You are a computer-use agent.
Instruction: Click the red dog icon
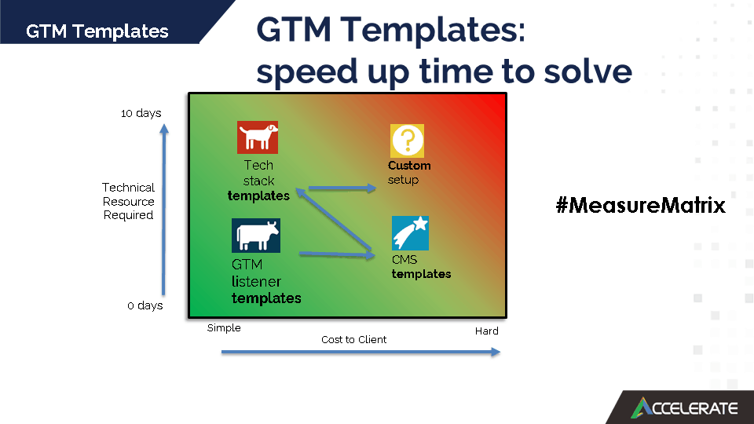(x=258, y=137)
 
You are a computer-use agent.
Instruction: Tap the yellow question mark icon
(x=407, y=141)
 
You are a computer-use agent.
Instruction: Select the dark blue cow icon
(x=256, y=236)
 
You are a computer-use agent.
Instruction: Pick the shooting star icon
(x=410, y=233)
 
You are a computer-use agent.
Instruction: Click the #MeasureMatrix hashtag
(x=641, y=205)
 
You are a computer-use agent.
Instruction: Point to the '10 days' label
(x=141, y=113)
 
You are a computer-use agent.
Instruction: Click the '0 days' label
(x=145, y=305)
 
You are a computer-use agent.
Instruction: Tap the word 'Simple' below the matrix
(x=224, y=328)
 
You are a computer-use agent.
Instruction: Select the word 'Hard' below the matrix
(x=487, y=331)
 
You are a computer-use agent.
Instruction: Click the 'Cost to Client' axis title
(x=354, y=339)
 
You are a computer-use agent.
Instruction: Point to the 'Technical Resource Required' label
(x=128, y=201)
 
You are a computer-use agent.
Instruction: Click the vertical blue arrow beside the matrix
(x=164, y=210)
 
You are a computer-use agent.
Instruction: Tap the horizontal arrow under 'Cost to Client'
(x=361, y=352)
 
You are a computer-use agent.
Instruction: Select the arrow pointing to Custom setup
(x=342, y=188)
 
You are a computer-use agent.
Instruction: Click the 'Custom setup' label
(x=409, y=173)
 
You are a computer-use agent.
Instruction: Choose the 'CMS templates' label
(x=421, y=267)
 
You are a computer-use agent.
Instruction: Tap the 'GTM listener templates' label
(x=266, y=281)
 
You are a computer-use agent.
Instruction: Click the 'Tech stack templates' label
(x=258, y=181)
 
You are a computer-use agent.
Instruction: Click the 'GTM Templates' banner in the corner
(x=97, y=31)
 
